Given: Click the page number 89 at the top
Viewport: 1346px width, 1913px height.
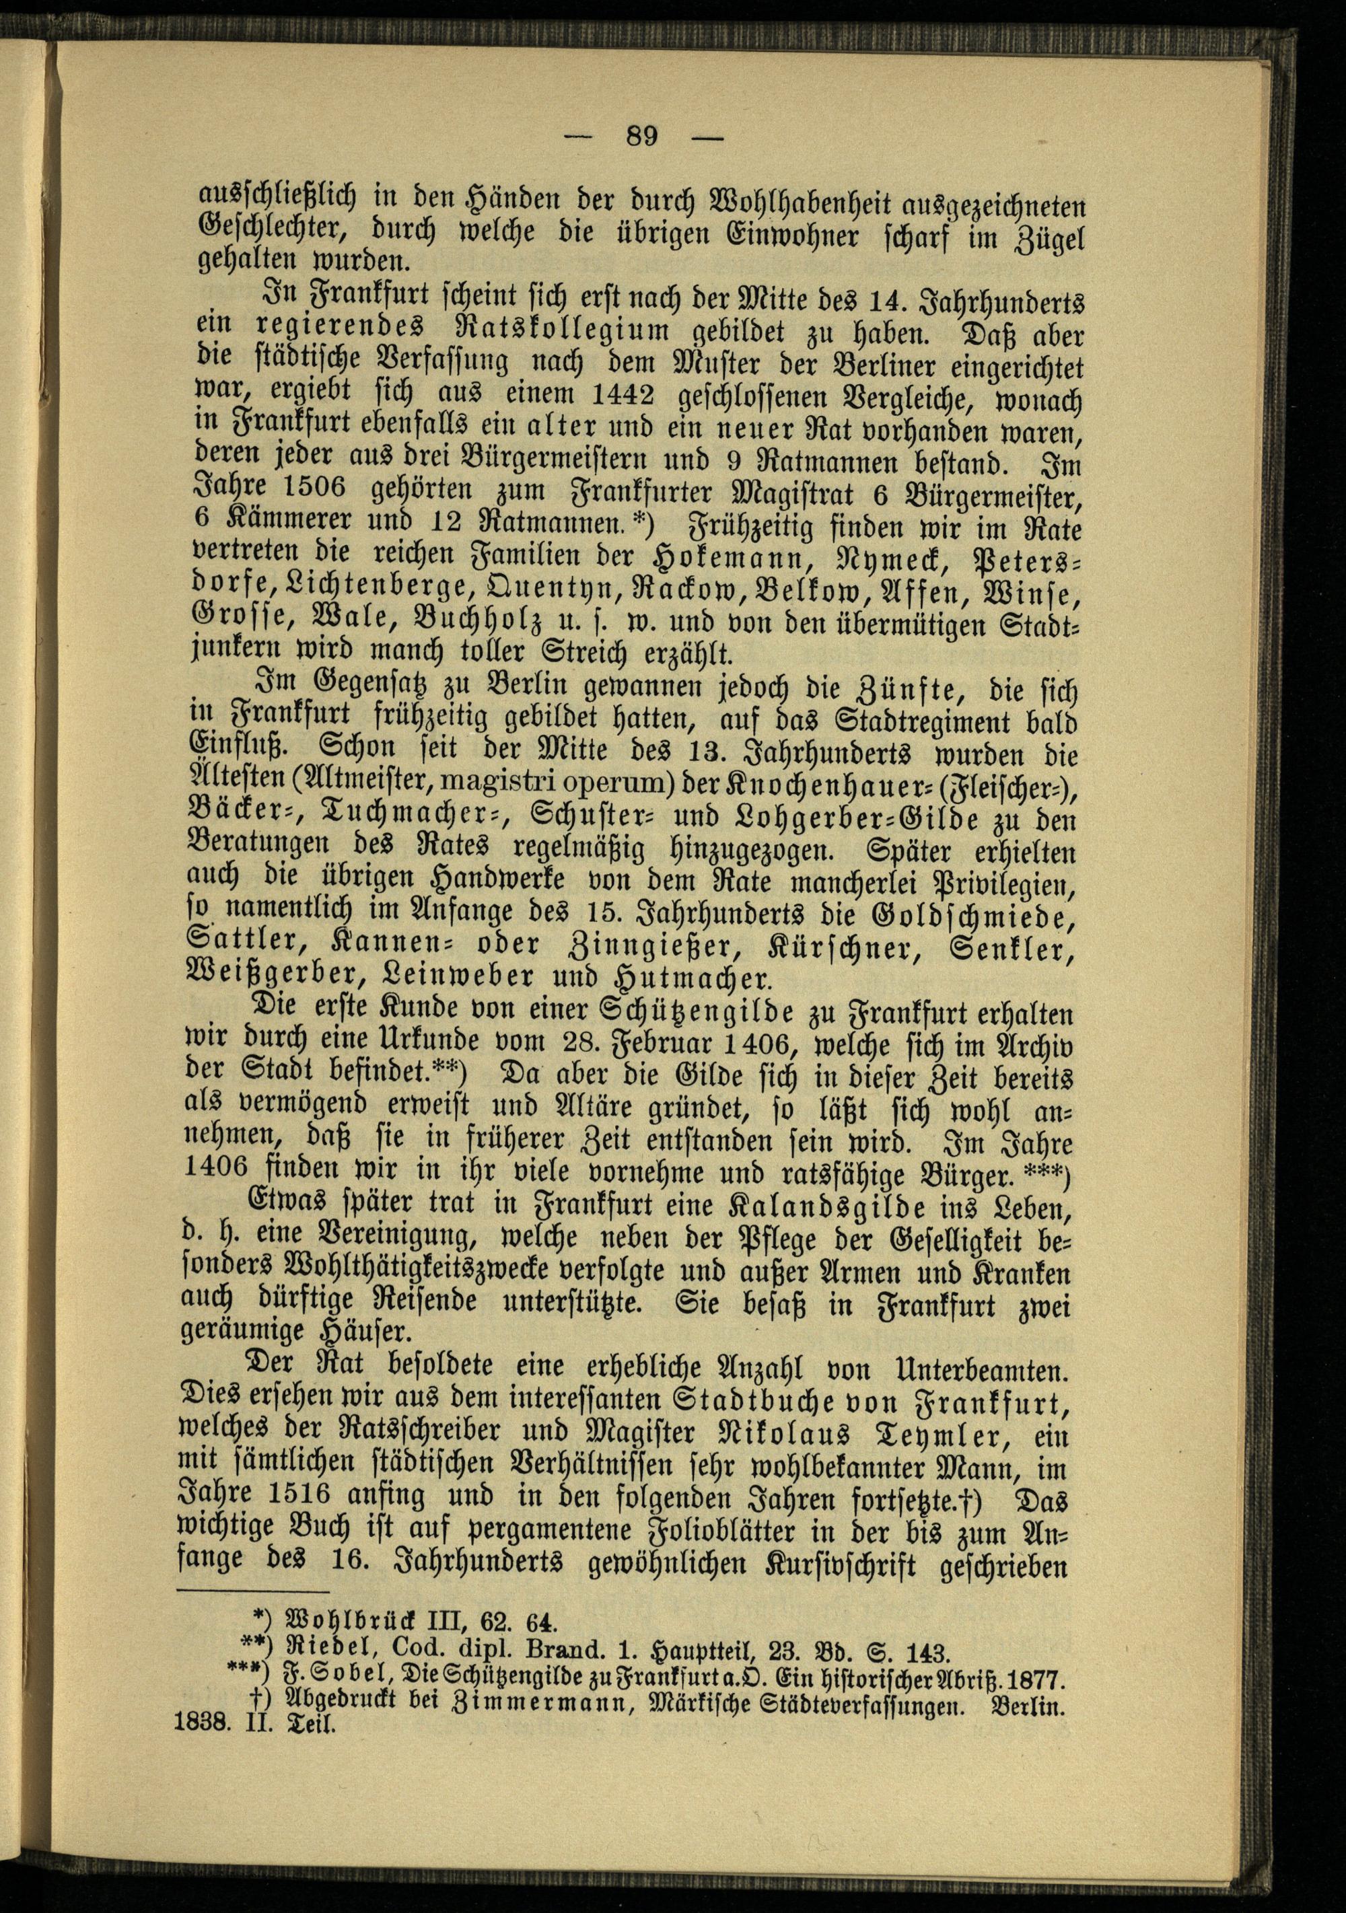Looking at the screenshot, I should [642, 135].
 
